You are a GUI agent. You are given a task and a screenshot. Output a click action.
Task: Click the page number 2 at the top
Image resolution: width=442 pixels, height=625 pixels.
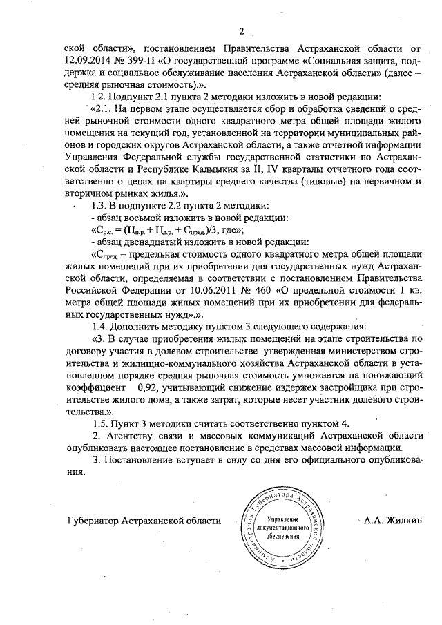pyautogui.click(x=242, y=30)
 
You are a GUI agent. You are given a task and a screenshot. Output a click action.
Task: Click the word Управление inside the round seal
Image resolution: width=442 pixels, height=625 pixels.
pyautogui.click(x=282, y=518)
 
